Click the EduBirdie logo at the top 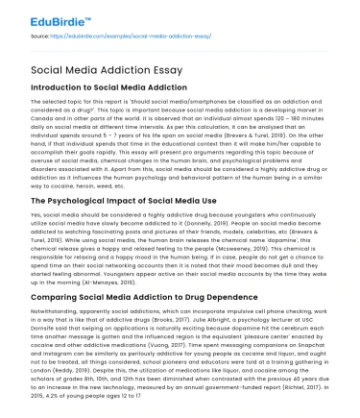(44, 15)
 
